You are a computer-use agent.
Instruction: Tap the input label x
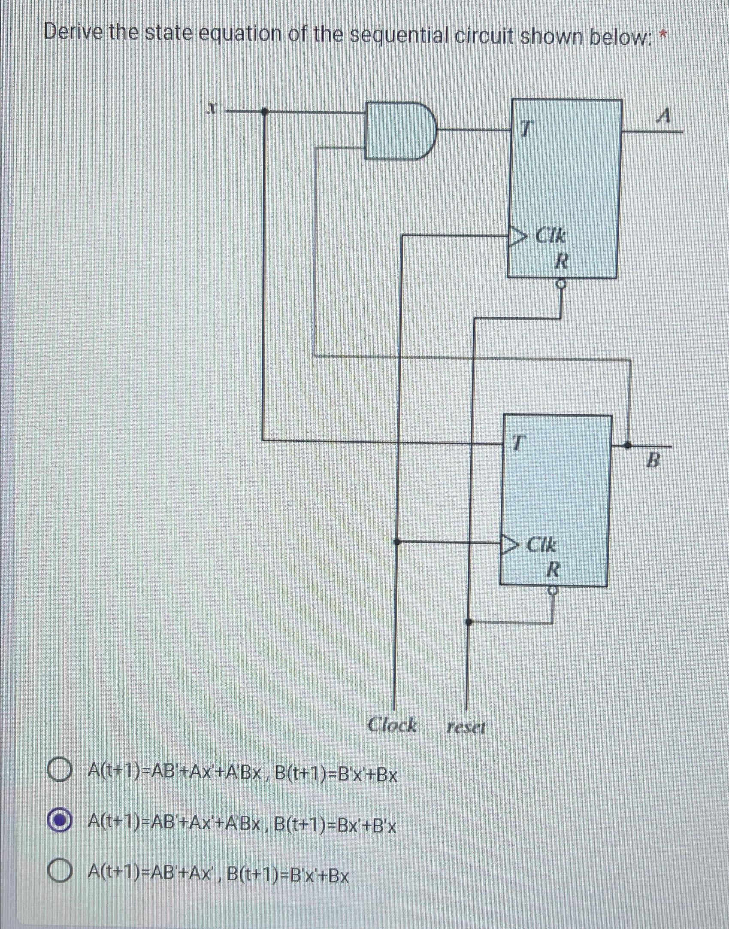[x=210, y=109]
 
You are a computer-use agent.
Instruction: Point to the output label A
[x=665, y=116]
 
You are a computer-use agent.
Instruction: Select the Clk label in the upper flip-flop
[x=551, y=236]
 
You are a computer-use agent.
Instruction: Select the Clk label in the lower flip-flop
[x=541, y=545]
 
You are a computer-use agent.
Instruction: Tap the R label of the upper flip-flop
[x=561, y=261]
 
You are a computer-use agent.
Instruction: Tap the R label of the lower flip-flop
[x=553, y=570]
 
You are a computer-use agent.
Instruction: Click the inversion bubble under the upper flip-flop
[x=561, y=284]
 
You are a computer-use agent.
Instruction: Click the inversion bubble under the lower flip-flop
[x=553, y=592]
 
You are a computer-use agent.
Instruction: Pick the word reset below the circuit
[x=466, y=728]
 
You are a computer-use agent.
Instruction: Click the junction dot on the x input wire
[x=264, y=112]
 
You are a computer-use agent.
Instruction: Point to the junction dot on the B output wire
[x=628, y=446]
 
